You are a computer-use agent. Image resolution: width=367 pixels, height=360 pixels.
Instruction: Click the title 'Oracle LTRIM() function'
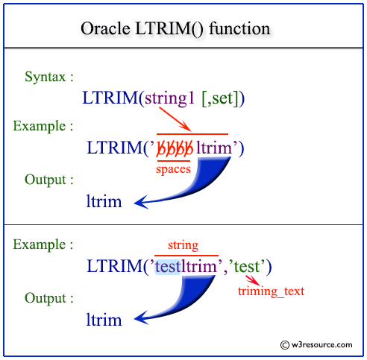(x=176, y=29)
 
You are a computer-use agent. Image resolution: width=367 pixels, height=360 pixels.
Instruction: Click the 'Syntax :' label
(x=49, y=78)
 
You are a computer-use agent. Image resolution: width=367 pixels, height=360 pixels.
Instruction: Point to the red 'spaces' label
(x=173, y=169)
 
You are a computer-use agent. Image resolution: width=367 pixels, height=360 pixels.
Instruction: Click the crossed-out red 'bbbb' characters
(x=174, y=148)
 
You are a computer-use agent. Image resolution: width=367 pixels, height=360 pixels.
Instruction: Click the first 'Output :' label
(x=49, y=180)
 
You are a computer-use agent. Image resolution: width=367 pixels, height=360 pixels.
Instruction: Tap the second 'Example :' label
(x=43, y=244)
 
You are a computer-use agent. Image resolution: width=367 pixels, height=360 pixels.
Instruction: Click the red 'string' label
(x=183, y=245)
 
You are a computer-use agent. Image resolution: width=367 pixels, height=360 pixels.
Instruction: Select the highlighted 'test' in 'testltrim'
(x=169, y=266)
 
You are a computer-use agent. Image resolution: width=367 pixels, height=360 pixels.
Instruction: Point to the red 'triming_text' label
(x=271, y=291)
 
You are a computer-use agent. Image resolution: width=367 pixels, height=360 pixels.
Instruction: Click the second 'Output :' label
(x=49, y=298)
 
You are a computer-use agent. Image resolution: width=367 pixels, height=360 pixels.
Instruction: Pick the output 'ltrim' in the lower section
(x=104, y=320)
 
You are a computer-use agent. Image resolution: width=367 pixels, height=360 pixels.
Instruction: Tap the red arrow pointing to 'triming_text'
(x=251, y=280)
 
